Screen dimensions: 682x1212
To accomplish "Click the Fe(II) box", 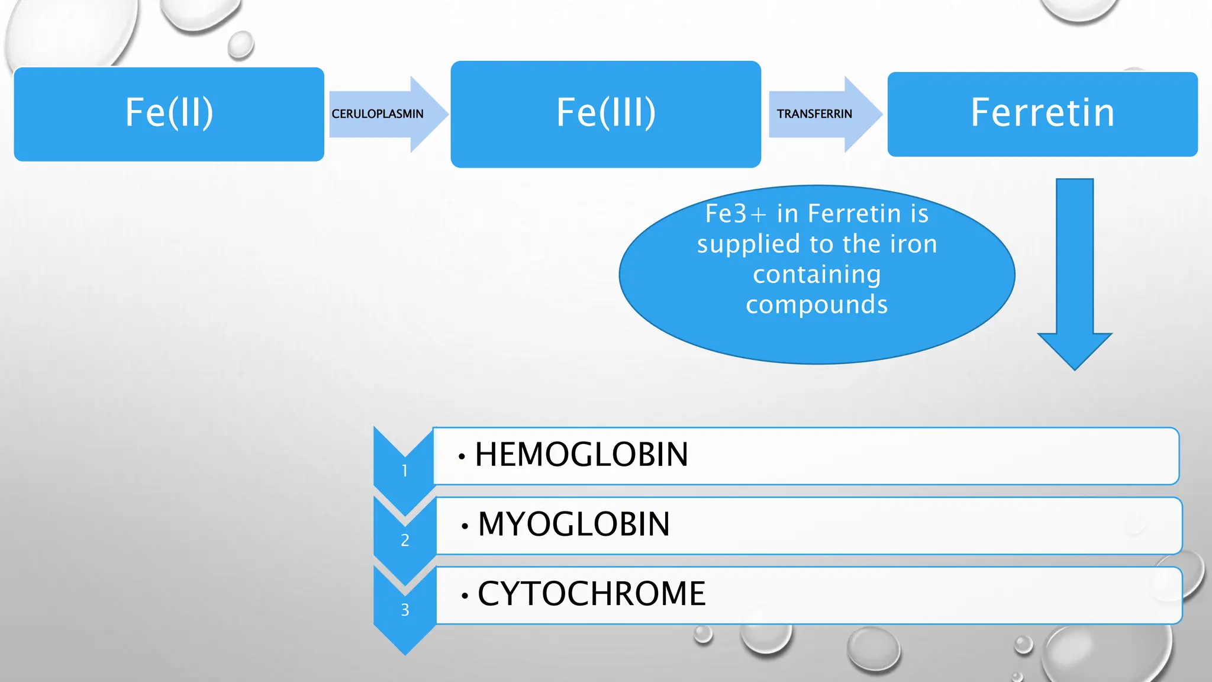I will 169,114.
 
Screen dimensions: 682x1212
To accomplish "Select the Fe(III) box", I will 605,114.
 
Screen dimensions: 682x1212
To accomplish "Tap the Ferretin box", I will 1042,114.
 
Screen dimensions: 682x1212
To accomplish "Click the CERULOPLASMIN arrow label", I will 378,114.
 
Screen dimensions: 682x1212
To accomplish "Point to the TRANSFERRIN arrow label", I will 814,114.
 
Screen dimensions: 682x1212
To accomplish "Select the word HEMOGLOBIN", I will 581,455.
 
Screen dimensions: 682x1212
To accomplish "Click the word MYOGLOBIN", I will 573,525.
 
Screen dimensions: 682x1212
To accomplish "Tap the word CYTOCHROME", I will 591,594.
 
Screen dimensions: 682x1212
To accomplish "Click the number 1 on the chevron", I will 405,471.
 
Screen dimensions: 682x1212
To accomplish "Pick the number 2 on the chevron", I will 405,540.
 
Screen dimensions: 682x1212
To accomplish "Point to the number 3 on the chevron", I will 405,610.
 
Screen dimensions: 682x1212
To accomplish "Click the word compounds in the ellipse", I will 817,305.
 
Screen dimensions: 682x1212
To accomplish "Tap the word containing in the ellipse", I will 817,275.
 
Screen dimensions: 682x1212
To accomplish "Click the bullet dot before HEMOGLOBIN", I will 462,456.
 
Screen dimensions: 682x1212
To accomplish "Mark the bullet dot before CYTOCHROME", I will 465,596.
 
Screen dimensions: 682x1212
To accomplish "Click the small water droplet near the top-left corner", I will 240,45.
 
